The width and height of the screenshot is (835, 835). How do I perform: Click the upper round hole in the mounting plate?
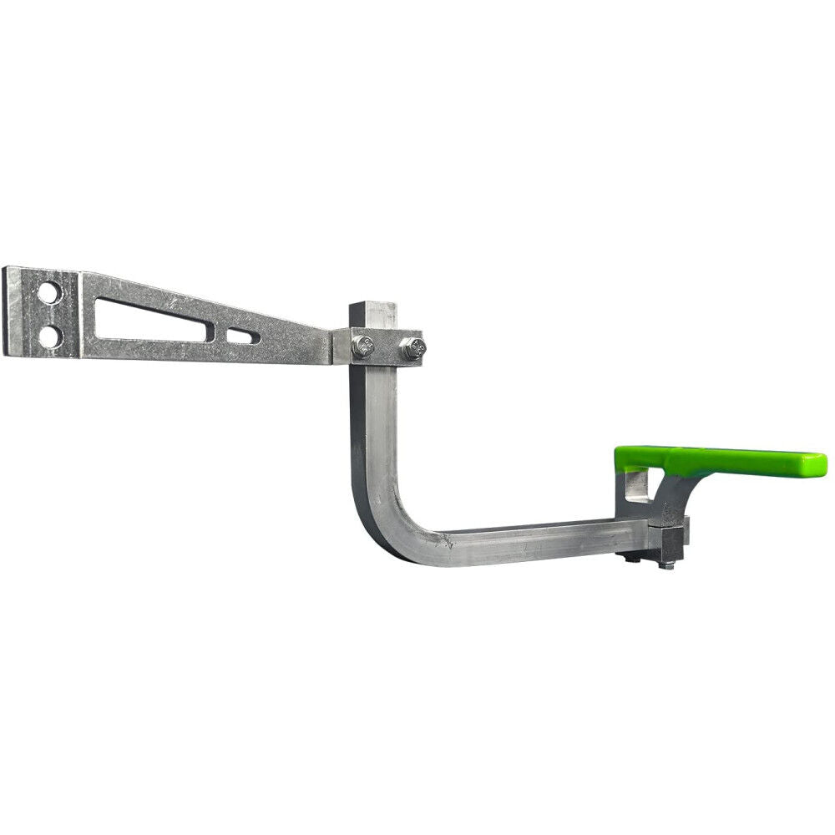49,292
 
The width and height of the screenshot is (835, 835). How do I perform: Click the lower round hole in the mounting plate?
50,337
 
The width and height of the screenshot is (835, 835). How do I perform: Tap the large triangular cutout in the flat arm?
142,321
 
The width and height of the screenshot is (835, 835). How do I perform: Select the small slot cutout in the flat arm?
242,336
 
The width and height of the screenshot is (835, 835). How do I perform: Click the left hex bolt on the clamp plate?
362,347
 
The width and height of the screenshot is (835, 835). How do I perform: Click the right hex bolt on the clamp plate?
412,348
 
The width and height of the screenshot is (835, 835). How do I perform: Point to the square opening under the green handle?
637,486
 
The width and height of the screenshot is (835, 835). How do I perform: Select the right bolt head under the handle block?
665,565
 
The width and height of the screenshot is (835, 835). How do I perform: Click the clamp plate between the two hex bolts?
387,348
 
